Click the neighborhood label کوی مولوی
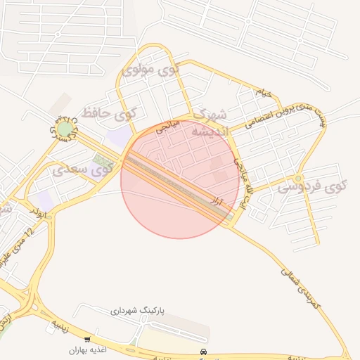(x=150, y=70)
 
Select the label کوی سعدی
(x=83, y=169)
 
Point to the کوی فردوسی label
(x=311, y=187)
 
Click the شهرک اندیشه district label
(x=210, y=123)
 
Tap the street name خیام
(x=262, y=92)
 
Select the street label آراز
(x=219, y=202)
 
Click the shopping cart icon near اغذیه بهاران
(x=87, y=339)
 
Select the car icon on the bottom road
(x=203, y=351)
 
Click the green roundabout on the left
(x=65, y=129)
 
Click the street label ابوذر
(x=40, y=210)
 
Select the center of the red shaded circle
(x=180, y=179)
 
